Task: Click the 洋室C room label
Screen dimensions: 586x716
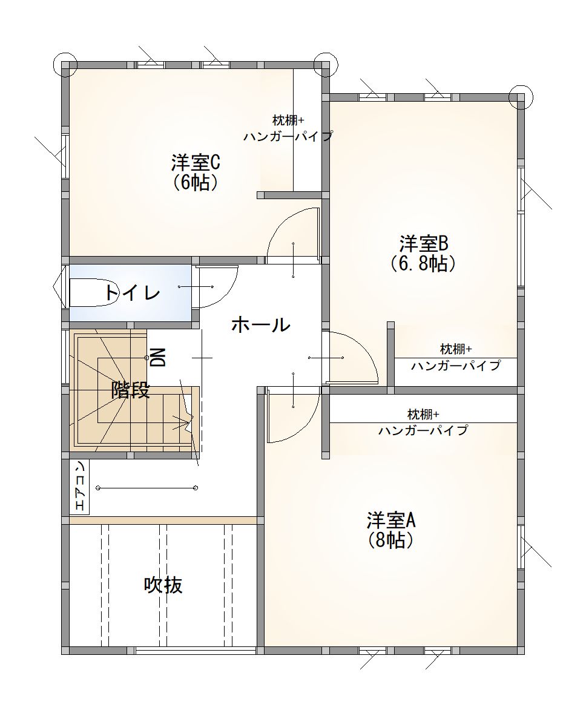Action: pyautogui.click(x=196, y=162)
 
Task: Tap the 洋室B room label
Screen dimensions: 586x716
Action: pyautogui.click(x=423, y=243)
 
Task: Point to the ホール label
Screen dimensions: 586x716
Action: pyautogui.click(x=261, y=325)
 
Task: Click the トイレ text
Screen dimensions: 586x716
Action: pyautogui.click(x=133, y=292)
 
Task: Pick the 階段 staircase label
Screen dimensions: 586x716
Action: pyautogui.click(x=131, y=390)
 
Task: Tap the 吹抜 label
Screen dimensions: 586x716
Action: pyautogui.click(x=163, y=585)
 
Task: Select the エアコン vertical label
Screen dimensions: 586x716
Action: pyautogui.click(x=79, y=486)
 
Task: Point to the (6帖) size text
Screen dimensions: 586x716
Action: pyautogui.click(x=195, y=183)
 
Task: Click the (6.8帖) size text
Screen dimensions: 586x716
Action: pyautogui.click(x=423, y=264)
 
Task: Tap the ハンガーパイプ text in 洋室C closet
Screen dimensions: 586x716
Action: pyautogui.click(x=288, y=136)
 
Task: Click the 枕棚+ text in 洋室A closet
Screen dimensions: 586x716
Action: pyautogui.click(x=423, y=415)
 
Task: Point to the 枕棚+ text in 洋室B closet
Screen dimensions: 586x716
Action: pyautogui.click(x=456, y=349)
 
